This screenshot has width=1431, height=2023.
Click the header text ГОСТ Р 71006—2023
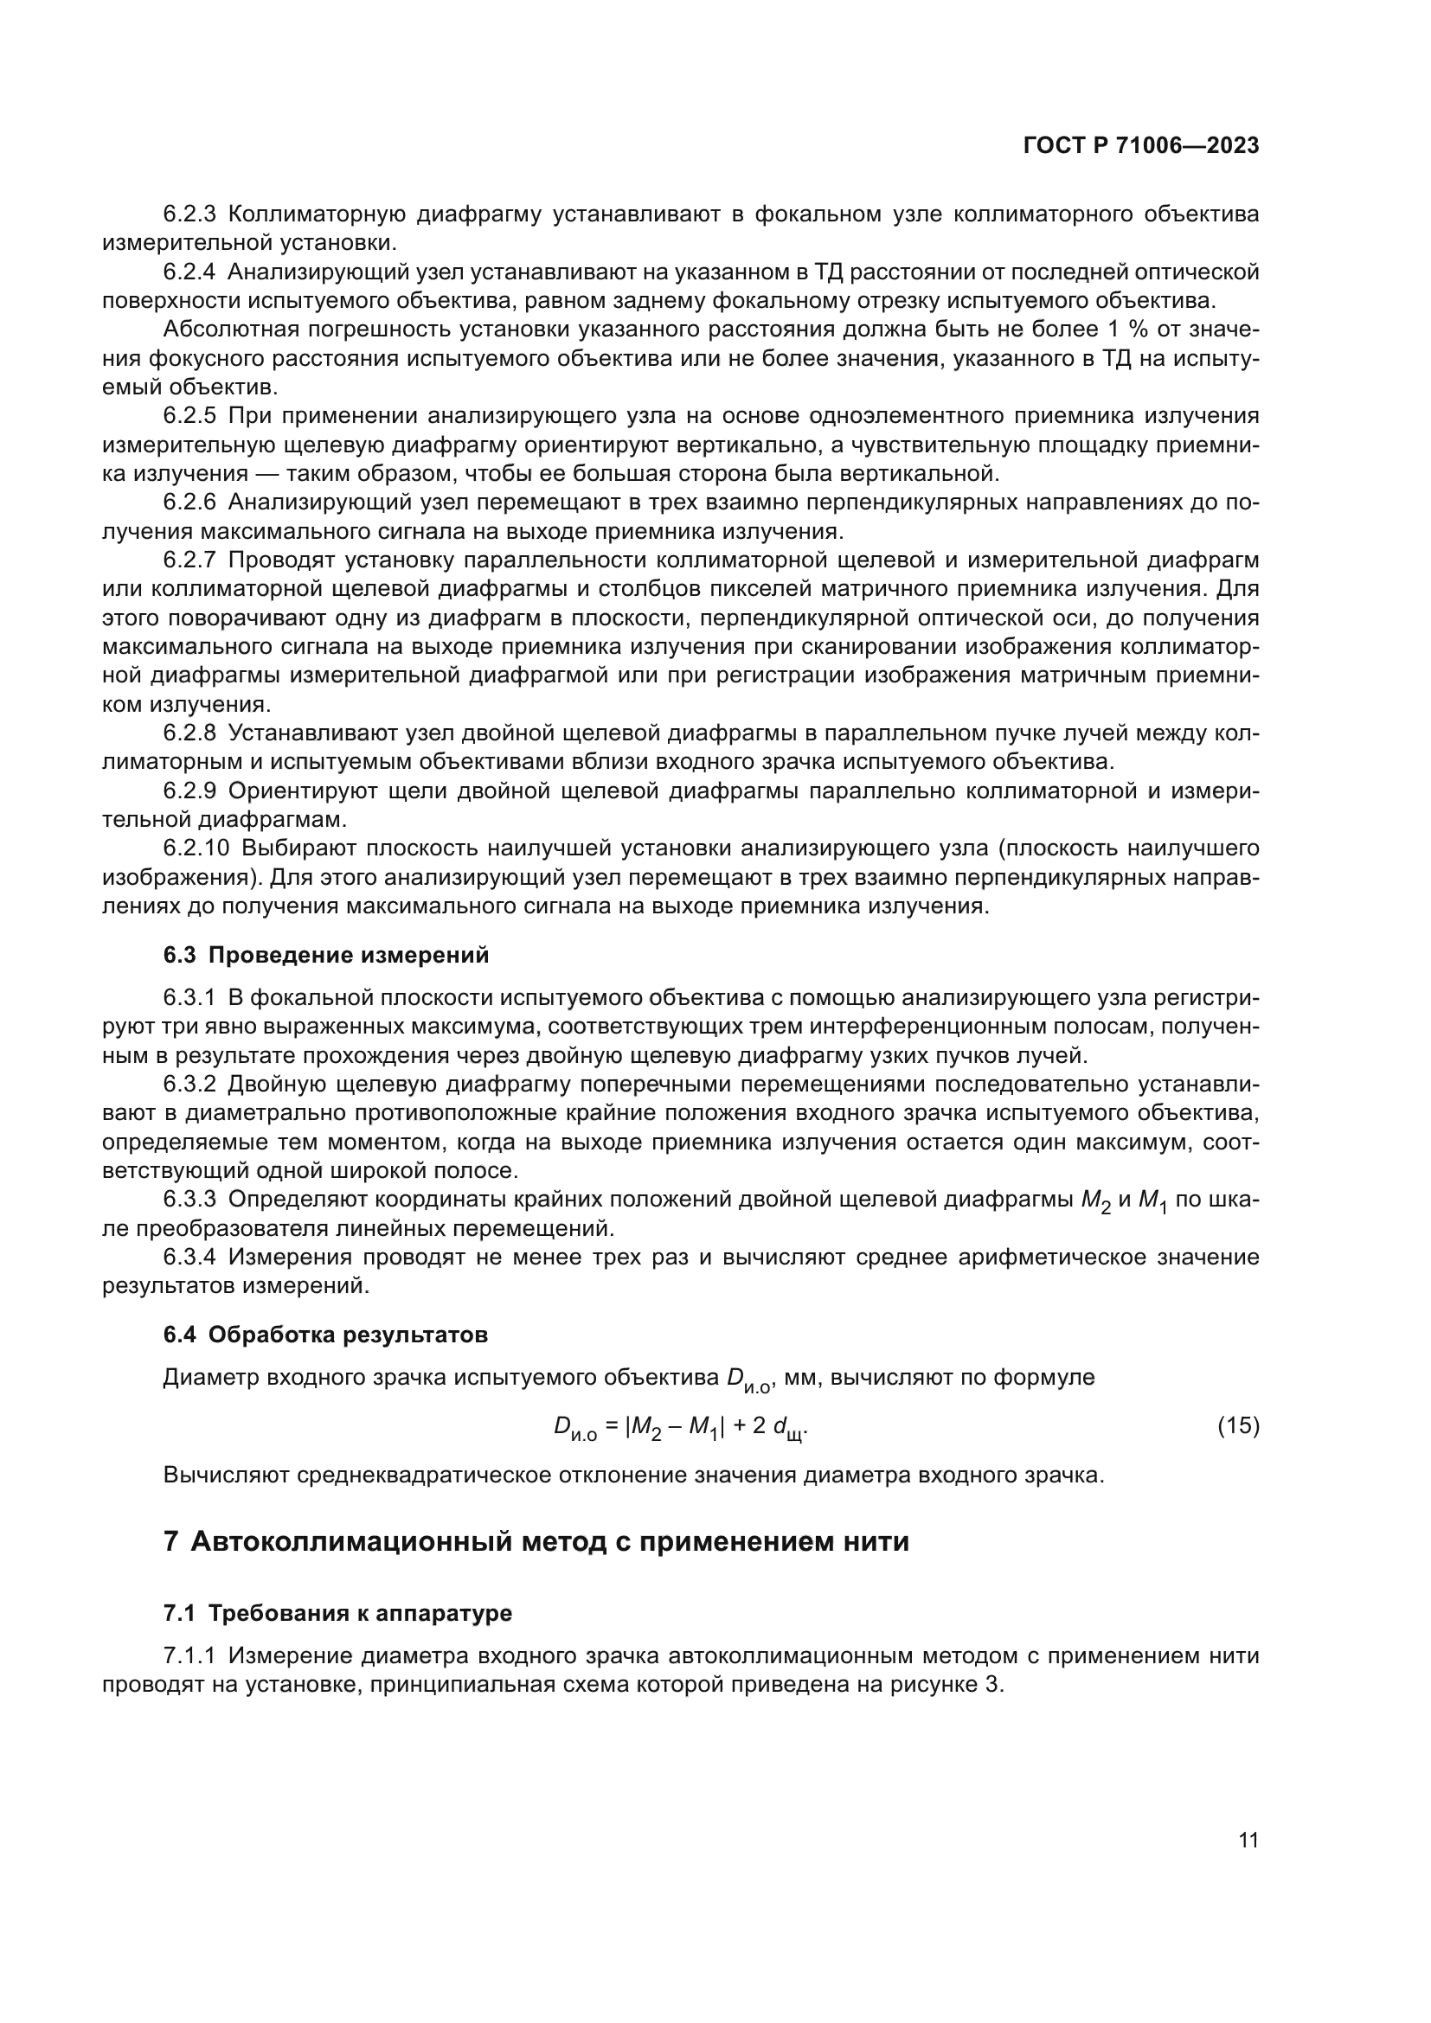pos(1140,146)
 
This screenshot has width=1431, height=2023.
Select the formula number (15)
pos(1238,1425)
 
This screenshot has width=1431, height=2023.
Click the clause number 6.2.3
pos(189,214)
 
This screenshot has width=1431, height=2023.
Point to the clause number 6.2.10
pos(196,848)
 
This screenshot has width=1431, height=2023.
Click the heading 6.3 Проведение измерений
pos(326,956)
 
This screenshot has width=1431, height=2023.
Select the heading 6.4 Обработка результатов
pos(325,1335)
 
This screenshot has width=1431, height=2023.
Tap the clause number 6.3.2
pos(189,1085)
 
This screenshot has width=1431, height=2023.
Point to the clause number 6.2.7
pos(189,560)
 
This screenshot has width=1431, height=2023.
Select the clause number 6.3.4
pos(189,1258)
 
